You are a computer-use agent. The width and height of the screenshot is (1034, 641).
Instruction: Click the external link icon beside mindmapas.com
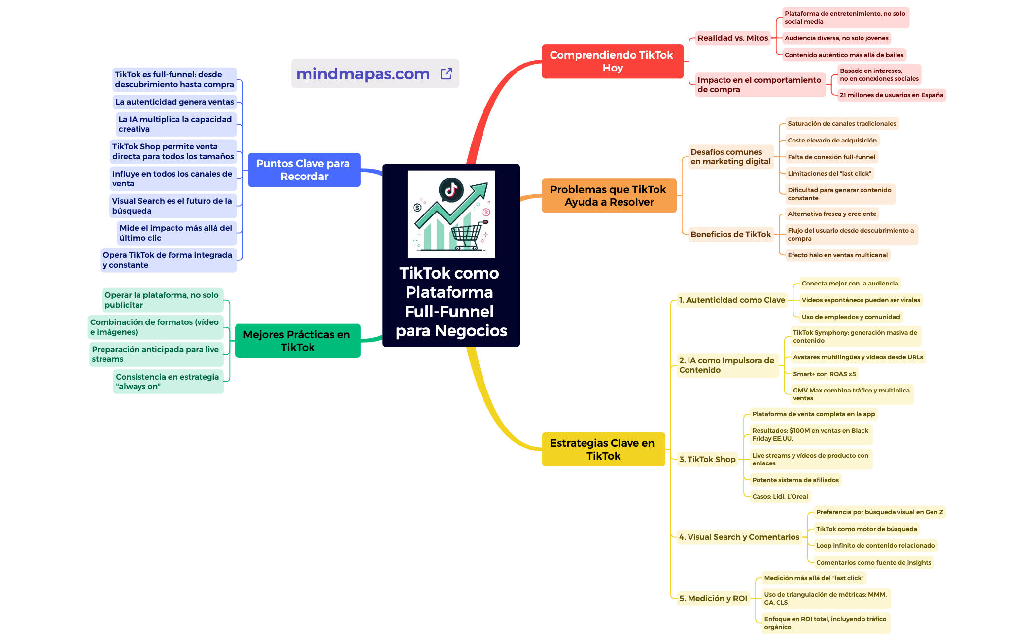pyautogui.click(x=446, y=74)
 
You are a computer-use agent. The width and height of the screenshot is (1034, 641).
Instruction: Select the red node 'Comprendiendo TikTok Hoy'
pyautogui.click(x=612, y=62)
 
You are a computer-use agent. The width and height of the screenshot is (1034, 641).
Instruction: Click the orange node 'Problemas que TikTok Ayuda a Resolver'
pyautogui.click(x=609, y=196)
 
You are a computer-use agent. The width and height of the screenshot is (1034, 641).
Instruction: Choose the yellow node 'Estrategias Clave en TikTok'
pyautogui.click(x=603, y=449)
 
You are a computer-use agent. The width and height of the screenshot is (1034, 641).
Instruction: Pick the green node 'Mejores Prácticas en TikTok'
pyautogui.click(x=297, y=341)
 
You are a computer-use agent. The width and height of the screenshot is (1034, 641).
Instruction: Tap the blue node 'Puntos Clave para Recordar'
pyautogui.click(x=304, y=170)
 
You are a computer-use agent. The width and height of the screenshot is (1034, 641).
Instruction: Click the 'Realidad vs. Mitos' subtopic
pyautogui.click(x=732, y=38)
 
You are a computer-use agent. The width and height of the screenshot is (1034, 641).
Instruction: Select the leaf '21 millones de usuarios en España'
pyautogui.click(x=891, y=95)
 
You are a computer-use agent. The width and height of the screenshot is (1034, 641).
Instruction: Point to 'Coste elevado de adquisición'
pyautogui.click(x=832, y=141)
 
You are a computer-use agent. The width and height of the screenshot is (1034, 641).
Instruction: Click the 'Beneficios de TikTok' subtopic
pyautogui.click(x=730, y=235)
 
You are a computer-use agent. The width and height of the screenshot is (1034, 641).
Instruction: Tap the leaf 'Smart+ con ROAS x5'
pyautogui.click(x=824, y=374)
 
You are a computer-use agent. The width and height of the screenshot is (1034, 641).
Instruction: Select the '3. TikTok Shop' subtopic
pyautogui.click(x=707, y=460)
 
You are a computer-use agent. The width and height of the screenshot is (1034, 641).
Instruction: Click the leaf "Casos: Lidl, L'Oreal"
pyautogui.click(x=780, y=497)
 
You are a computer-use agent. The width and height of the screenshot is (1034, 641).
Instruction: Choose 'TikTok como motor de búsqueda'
pyautogui.click(x=866, y=529)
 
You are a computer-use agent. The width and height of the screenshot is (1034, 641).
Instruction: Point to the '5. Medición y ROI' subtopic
pyautogui.click(x=713, y=599)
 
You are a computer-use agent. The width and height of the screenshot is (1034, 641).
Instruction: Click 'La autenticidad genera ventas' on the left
pyautogui.click(x=174, y=102)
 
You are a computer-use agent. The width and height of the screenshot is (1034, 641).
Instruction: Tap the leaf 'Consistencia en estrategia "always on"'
pyautogui.click(x=168, y=382)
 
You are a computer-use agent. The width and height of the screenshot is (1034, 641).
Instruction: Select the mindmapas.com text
pyautogui.click(x=363, y=74)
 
